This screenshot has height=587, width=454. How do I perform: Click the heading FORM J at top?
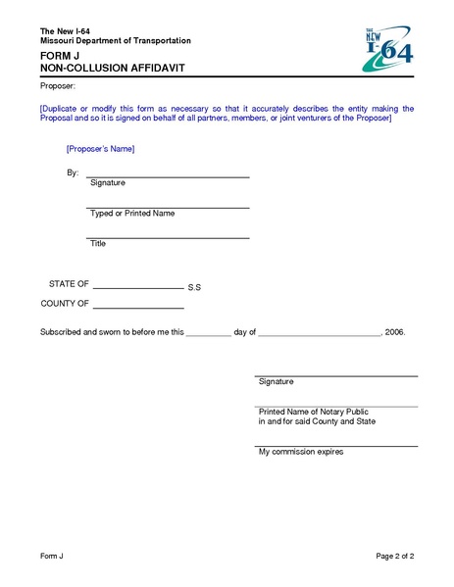[60, 57]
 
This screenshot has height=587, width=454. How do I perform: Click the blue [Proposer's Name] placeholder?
[99, 149]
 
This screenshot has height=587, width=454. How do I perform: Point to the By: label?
[72, 172]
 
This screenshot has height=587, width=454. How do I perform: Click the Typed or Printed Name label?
[132, 214]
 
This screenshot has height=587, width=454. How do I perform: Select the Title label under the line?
[98, 243]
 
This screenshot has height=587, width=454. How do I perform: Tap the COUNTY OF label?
[65, 304]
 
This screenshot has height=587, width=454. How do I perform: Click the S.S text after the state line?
[194, 288]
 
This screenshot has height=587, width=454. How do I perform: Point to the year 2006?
[395, 333]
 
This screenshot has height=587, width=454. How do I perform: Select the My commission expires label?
[301, 452]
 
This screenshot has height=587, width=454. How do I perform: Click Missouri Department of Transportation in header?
[115, 40]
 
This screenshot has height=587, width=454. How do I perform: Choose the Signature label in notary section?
[276, 381]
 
